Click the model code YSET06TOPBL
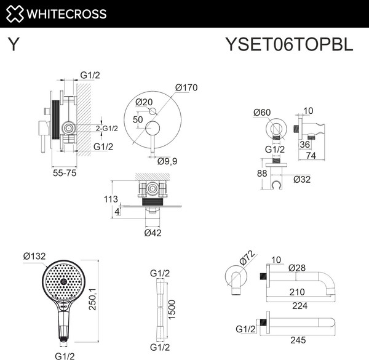point(290,46)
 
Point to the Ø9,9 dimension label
point(168,161)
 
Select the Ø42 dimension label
point(153,233)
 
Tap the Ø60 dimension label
point(263,112)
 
